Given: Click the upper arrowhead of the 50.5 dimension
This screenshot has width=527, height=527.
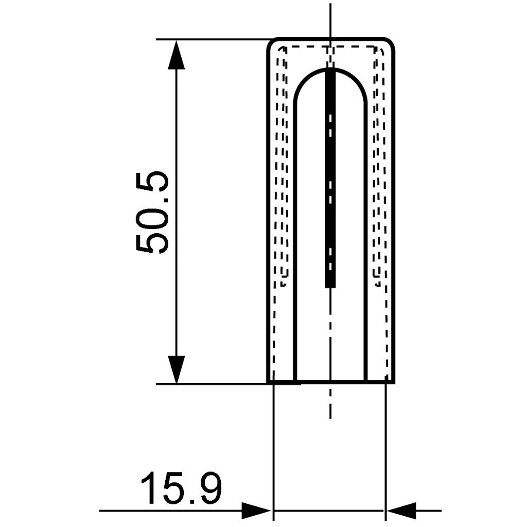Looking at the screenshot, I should [x=176, y=55].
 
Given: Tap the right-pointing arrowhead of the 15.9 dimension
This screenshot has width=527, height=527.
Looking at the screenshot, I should [x=256, y=511].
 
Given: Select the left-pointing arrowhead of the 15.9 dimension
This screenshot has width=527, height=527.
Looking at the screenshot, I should [x=401, y=511].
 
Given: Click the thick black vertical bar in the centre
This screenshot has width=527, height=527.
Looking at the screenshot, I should [x=330, y=175].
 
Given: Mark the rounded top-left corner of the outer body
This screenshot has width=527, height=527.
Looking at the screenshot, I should [x=271, y=42].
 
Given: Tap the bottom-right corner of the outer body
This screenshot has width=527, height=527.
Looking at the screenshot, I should [x=393, y=382].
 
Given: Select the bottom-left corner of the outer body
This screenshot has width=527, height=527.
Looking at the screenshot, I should [x=268, y=382].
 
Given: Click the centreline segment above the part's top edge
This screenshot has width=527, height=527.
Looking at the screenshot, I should [x=330, y=21].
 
